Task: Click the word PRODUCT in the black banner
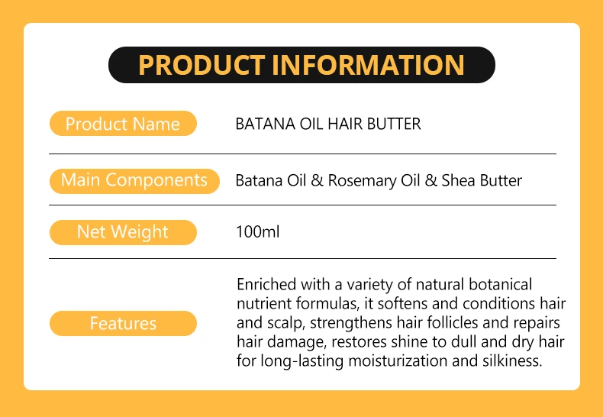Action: click(x=202, y=65)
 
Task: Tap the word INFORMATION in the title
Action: click(x=368, y=65)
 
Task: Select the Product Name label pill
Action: click(x=123, y=124)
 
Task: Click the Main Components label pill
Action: click(x=134, y=180)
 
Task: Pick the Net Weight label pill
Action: click(x=123, y=232)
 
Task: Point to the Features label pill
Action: click(x=123, y=323)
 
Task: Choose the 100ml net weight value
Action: click(x=258, y=232)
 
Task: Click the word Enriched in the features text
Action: click(x=267, y=285)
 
